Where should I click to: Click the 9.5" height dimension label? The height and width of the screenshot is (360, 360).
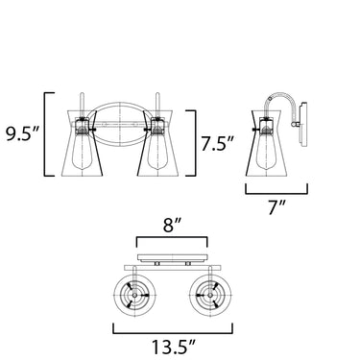tap(22, 133)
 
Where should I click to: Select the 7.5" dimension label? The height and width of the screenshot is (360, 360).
tap(217, 143)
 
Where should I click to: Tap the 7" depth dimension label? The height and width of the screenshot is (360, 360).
tap(276, 207)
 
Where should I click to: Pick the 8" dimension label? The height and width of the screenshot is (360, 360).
tap(172, 226)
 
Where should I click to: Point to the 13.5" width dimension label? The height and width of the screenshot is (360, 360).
tap(173, 347)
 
